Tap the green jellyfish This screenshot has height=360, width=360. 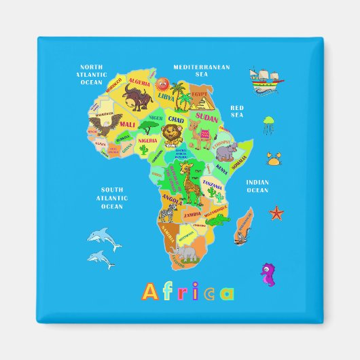pos(269,124)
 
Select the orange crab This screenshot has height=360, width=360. pos(274,160)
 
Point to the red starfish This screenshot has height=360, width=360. pos(276,213)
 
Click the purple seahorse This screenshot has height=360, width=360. pos(268,273)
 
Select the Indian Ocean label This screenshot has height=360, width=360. pos(257,185)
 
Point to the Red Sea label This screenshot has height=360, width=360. pos(236,111)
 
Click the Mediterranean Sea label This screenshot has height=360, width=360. pos(202,70)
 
